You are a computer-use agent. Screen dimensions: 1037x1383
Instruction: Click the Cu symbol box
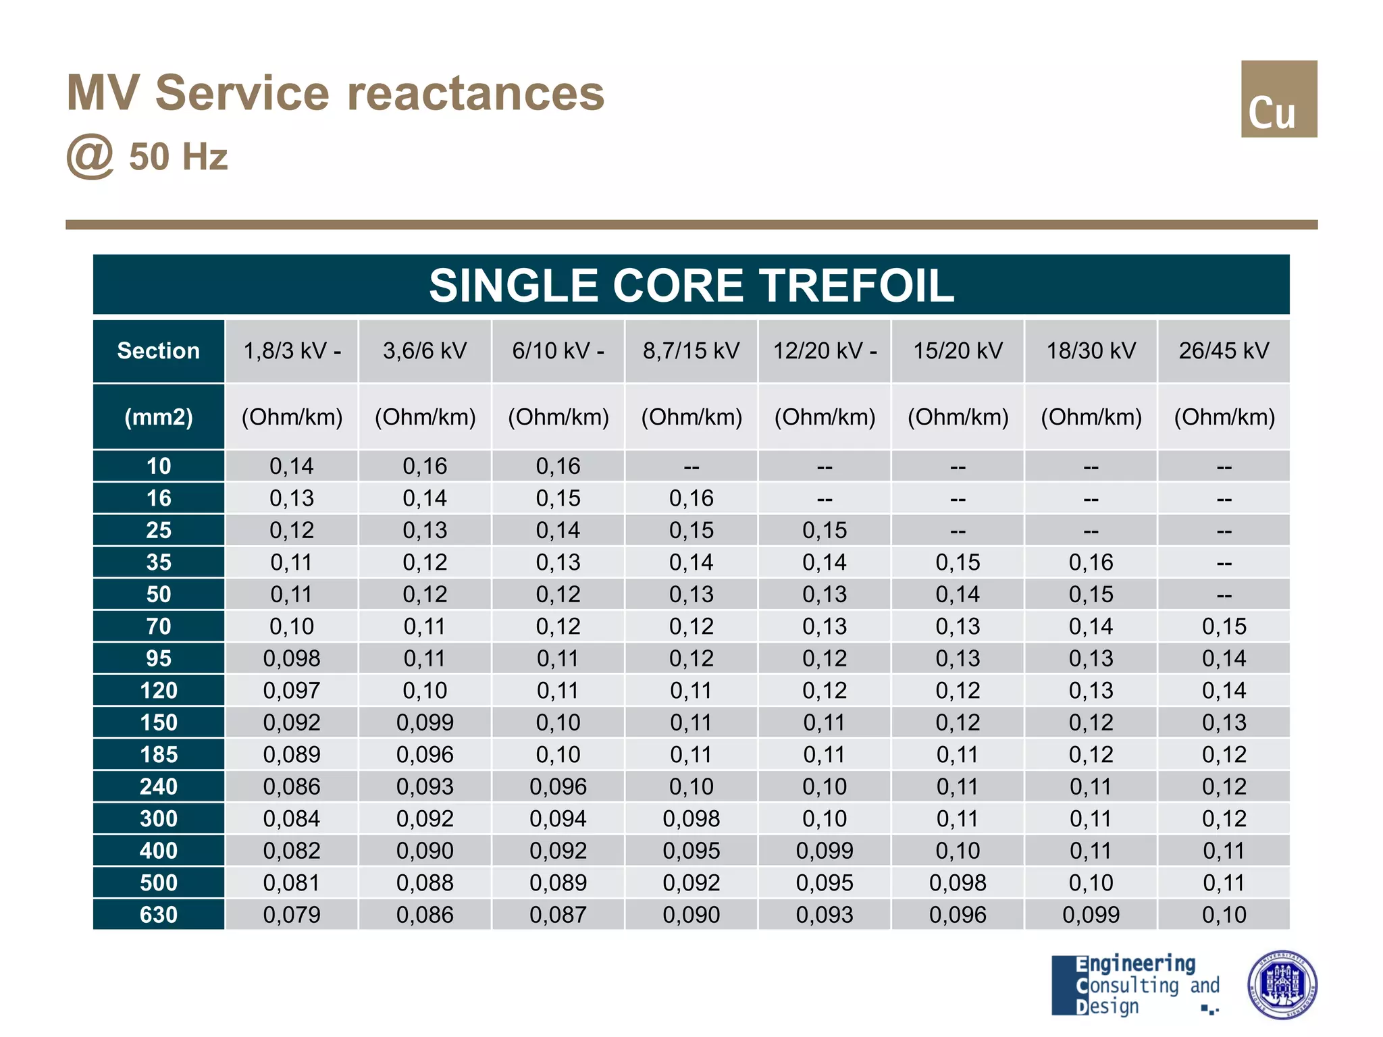[x=1278, y=99]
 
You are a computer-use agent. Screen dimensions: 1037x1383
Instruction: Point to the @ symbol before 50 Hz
[x=90, y=157]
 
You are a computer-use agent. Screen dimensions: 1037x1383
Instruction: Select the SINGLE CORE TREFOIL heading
[x=691, y=285]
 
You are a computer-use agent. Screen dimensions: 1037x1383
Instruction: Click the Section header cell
[x=159, y=351]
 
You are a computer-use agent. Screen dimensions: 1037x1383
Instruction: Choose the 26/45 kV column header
[x=1224, y=351]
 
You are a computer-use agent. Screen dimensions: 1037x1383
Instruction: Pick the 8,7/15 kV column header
[x=691, y=351]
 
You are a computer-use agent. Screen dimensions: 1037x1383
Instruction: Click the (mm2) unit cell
[x=159, y=417]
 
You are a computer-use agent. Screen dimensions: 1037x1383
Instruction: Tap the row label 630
[x=159, y=915]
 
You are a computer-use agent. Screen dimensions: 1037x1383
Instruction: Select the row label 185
[x=159, y=754]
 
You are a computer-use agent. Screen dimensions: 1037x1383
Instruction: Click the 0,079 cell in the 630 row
[x=292, y=915]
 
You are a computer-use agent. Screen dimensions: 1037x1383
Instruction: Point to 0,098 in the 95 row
[x=292, y=658]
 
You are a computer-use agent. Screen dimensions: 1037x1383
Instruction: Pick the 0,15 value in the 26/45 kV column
[x=1224, y=627]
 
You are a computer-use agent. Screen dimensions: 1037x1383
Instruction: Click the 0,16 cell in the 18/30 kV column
[x=1091, y=562]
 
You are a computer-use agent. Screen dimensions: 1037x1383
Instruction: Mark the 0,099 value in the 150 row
[x=425, y=722]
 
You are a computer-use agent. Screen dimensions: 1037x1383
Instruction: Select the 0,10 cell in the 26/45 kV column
[x=1224, y=915]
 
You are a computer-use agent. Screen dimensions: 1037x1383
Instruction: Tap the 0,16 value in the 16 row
[x=691, y=498]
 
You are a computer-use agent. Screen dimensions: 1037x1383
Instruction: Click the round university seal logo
[x=1282, y=985]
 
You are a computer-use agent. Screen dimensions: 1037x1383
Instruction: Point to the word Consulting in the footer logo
[x=1134, y=986]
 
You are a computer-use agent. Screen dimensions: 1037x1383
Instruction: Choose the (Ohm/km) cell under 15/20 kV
[x=958, y=417]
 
